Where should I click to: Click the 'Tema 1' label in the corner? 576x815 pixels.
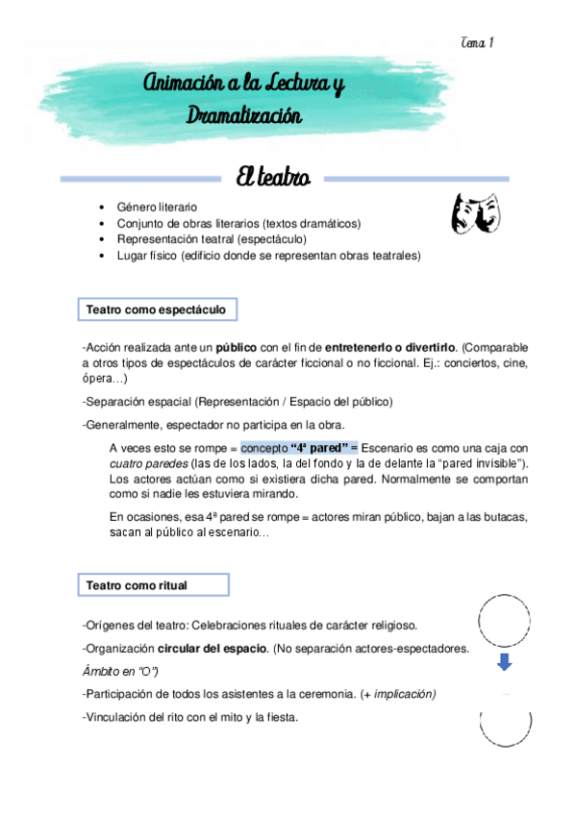pyautogui.click(x=477, y=43)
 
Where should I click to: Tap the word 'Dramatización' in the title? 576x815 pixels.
pyautogui.click(x=244, y=117)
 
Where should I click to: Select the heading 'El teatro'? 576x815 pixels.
pyautogui.click(x=278, y=177)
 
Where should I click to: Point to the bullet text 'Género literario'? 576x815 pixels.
pyautogui.click(x=157, y=207)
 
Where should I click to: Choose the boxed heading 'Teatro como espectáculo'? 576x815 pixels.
pyautogui.click(x=156, y=310)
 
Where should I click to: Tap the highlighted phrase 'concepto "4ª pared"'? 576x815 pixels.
pyautogui.click(x=298, y=448)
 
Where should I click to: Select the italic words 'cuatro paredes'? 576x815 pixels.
pyautogui.click(x=147, y=465)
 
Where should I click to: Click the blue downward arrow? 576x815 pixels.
pyautogui.click(x=505, y=663)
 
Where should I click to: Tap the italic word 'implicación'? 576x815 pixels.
pyautogui.click(x=405, y=694)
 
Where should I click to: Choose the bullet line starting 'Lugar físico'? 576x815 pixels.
pyautogui.click(x=268, y=256)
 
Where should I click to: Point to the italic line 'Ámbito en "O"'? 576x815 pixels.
pyautogui.click(x=120, y=670)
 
